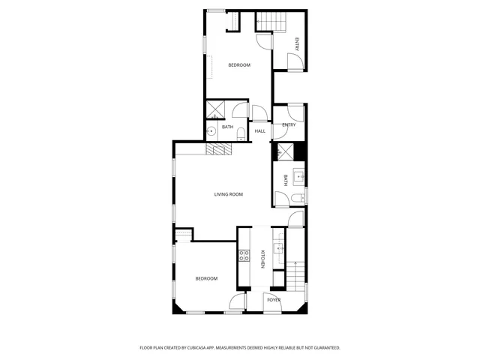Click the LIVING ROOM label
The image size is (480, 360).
[229, 194]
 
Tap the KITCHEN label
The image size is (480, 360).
[262, 259]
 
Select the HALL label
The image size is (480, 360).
[260, 131]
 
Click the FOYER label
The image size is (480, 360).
[274, 300]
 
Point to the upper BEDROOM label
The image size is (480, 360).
[239, 65]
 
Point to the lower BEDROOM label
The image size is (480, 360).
[206, 279]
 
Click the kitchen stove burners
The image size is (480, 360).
[244, 256]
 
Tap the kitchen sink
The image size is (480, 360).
[279, 248]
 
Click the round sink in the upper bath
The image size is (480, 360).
[212, 131]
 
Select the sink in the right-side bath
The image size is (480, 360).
[298, 178]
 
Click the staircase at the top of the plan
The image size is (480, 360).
[272, 22]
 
